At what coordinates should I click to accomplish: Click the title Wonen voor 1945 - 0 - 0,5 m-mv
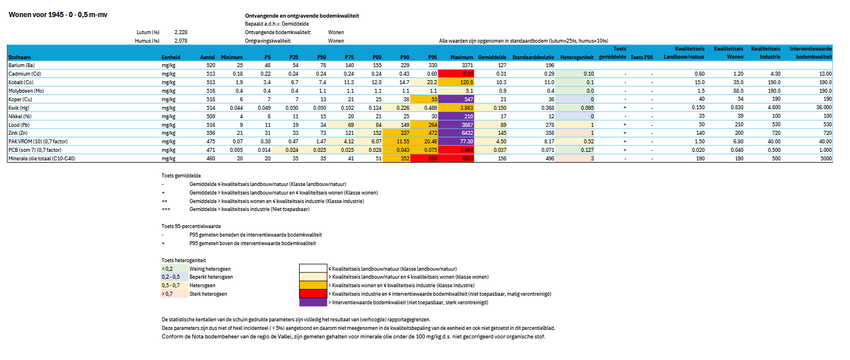(57, 15)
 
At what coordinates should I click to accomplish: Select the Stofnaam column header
(20, 57)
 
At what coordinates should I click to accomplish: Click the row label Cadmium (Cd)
(24, 74)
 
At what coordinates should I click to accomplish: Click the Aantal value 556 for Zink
(210, 133)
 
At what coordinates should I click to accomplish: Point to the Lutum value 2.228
(181, 32)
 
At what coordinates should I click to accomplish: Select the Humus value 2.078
(181, 41)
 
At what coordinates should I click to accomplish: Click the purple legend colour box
(313, 303)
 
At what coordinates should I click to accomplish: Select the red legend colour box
(313, 294)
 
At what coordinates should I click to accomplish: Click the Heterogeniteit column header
(577, 57)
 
